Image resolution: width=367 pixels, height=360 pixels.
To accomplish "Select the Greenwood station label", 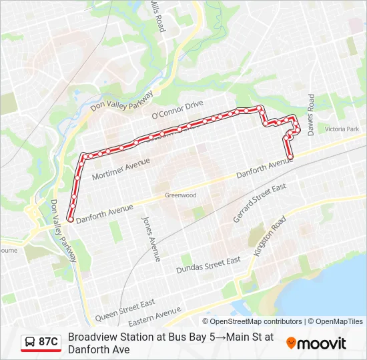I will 180,195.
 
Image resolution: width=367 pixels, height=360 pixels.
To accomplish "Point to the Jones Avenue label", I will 151,238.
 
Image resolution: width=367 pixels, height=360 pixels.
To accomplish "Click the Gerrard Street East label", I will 260,203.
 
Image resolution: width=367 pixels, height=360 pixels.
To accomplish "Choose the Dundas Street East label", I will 208,265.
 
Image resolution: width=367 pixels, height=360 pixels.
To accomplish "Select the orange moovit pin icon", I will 292,343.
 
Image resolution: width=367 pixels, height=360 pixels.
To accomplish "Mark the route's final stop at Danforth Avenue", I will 290,157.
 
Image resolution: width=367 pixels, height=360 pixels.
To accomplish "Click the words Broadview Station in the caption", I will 107,337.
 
